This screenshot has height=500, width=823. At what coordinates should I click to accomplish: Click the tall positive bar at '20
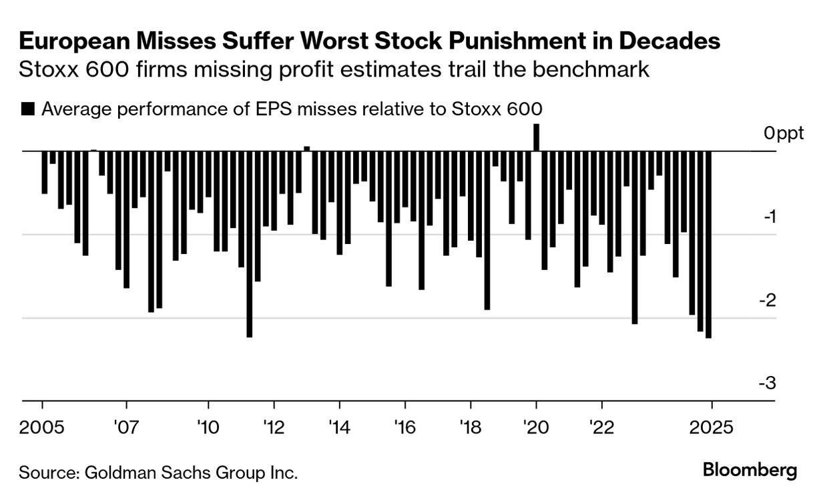[536, 137]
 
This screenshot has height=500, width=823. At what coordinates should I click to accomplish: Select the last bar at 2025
[708, 244]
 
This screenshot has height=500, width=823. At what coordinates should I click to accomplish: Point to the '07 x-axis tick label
[125, 426]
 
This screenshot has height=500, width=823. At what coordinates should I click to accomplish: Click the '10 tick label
[208, 426]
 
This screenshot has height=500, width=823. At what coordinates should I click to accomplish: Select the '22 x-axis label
[602, 426]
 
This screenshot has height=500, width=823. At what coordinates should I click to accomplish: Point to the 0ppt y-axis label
[784, 133]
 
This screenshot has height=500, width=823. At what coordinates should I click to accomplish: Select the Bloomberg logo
[750, 470]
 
